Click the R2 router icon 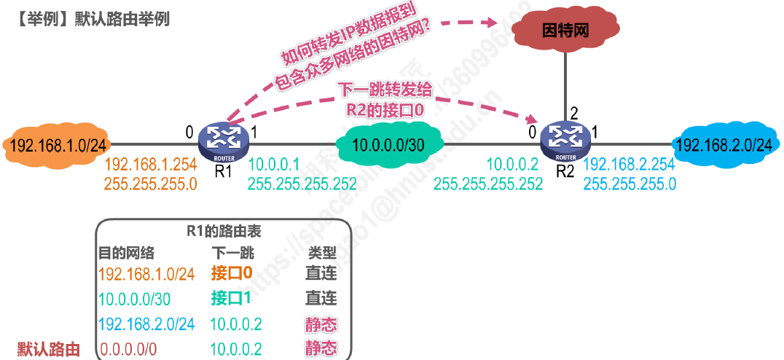pyautogui.click(x=565, y=138)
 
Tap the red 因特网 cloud pyautogui.click(x=565, y=30)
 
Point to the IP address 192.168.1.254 pyautogui.click(x=151, y=165)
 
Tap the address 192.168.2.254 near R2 pyautogui.click(x=630, y=165)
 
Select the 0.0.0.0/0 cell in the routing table pyautogui.click(x=128, y=349)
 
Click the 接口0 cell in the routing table pyautogui.click(x=231, y=273)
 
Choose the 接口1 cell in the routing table pyautogui.click(x=231, y=298)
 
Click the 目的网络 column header pyautogui.click(x=127, y=252)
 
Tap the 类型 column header pyautogui.click(x=321, y=252)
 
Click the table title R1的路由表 pyautogui.click(x=224, y=231)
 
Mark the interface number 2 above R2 pyautogui.click(x=573, y=113)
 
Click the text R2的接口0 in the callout pyautogui.click(x=385, y=109)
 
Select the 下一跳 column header pyautogui.click(x=232, y=252)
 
